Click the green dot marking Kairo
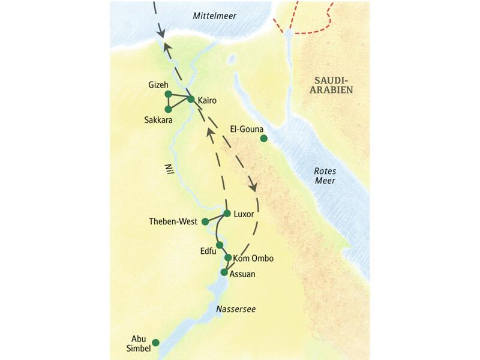(191, 99)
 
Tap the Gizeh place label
(158, 85)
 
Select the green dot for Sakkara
(169, 109)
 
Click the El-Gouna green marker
(263, 139)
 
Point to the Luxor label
(245, 214)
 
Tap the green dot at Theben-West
(205, 221)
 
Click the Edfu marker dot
(220, 245)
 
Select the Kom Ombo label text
(253, 259)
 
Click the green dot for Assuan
(224, 272)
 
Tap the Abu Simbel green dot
(156, 343)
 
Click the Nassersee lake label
(236, 309)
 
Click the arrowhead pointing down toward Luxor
(253, 187)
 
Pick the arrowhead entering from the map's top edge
(161, 32)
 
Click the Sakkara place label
(158, 121)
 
